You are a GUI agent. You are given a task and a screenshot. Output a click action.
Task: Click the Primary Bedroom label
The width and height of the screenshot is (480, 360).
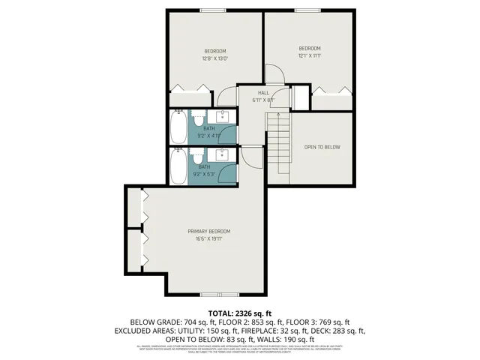coord(208,231)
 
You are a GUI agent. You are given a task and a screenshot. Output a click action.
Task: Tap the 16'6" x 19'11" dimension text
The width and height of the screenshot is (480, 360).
coord(208,239)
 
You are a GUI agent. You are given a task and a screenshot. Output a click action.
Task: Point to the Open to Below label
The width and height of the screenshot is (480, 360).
coord(322,147)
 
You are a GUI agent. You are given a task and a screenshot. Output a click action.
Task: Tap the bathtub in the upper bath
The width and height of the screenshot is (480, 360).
coord(178,127)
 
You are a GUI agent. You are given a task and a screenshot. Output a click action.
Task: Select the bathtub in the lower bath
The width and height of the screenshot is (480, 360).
coord(178,166)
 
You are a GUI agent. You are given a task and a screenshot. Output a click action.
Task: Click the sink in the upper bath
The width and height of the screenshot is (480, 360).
coord(223,116)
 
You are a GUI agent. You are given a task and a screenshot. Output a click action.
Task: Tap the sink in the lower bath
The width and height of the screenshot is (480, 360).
coord(223,155)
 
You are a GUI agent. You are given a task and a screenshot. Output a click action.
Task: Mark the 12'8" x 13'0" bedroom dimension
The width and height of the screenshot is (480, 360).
coord(215,58)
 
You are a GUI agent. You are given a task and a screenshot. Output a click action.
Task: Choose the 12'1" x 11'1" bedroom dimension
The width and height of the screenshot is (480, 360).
coord(310,55)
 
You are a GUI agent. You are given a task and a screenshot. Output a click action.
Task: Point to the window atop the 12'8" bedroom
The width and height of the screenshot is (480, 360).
coord(211,10)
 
